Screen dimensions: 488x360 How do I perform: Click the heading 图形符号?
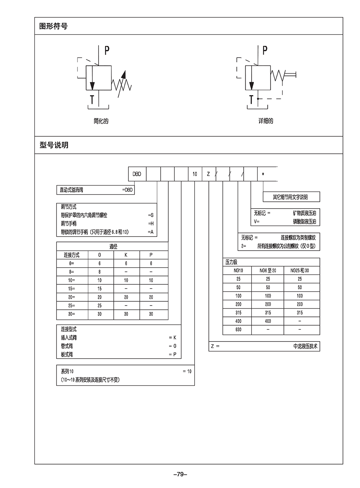coord(53,27)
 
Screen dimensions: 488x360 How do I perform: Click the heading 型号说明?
coord(54,145)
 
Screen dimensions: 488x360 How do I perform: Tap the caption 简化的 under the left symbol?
coord(101,121)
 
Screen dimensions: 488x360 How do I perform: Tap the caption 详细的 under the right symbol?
coord(266,121)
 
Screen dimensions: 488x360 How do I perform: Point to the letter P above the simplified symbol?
coord(107,50)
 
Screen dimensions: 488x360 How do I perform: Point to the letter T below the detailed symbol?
coord(251,100)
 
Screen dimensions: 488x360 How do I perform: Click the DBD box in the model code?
coord(136,174)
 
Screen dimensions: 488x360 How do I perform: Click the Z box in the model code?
coord(208,174)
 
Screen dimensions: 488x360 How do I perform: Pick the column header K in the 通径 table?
coord(126,255)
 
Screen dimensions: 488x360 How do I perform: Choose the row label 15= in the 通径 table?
coord(72,288)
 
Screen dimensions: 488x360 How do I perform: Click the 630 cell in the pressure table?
coord(238,330)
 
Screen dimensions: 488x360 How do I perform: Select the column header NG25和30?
coord(300,271)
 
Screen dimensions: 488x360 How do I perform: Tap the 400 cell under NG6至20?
coord(268,321)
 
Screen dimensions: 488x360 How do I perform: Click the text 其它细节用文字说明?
coord(291,197)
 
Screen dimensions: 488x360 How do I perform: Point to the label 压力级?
coord(232,262)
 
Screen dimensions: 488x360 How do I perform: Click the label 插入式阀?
coord(69,338)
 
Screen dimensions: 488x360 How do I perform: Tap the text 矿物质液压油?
coord(304,214)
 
